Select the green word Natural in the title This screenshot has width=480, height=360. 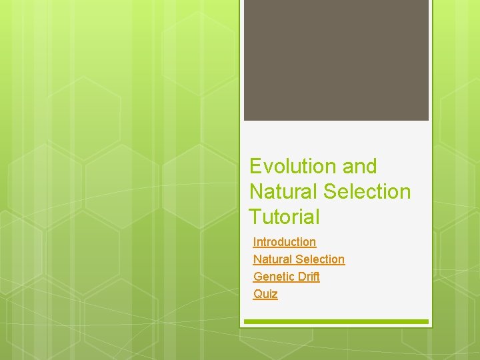pyautogui.click(x=283, y=191)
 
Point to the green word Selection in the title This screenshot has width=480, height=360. pyautogui.click(x=367, y=191)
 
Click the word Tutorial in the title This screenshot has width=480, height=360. pyautogui.click(x=284, y=217)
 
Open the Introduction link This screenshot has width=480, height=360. pyautogui.click(x=285, y=242)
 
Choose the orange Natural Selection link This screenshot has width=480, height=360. pyautogui.click(x=299, y=259)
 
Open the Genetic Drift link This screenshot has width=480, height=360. pyautogui.click(x=287, y=277)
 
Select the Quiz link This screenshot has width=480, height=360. pyautogui.click(x=265, y=294)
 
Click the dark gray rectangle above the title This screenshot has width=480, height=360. pyautogui.click(x=336, y=60)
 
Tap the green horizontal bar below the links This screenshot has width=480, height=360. pyautogui.click(x=336, y=322)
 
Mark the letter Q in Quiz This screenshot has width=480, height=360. pyautogui.click(x=257, y=294)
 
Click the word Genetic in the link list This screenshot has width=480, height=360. pyautogui.click(x=273, y=277)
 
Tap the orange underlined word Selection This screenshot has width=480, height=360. pyautogui.click(x=320, y=259)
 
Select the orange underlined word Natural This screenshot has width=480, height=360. pyautogui.click(x=273, y=259)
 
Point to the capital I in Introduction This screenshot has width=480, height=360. pyautogui.click(x=255, y=242)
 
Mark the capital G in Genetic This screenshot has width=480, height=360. pyautogui.click(x=257, y=277)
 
